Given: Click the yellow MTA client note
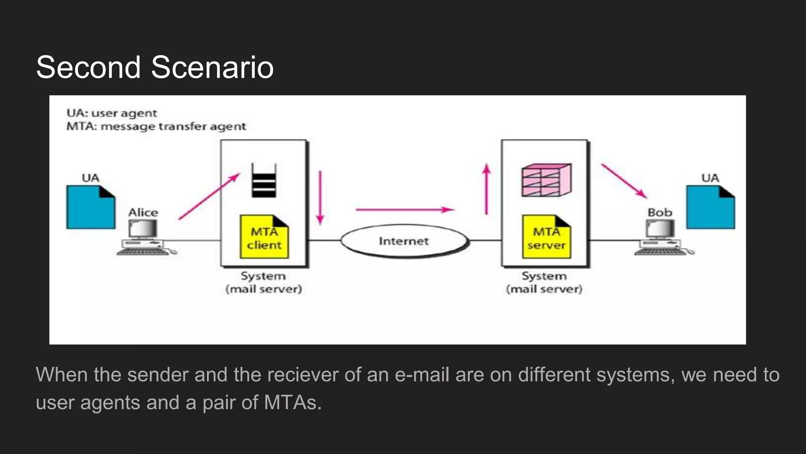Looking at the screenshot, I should tap(264, 237).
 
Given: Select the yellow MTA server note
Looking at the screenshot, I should tap(546, 237).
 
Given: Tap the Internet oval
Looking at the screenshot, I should tap(404, 241).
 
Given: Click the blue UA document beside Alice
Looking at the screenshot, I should tap(91, 207).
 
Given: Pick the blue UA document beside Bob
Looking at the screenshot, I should tap(710, 207).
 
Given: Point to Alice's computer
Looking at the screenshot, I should tap(144, 237).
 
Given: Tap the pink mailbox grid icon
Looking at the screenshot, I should tap(546, 180).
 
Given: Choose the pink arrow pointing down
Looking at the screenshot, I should tap(320, 197).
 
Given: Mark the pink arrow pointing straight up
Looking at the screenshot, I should tap(487, 189).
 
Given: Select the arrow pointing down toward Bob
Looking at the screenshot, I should tap(624, 181).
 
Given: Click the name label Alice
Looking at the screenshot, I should tap(143, 213).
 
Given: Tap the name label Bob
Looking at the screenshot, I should tap(660, 213).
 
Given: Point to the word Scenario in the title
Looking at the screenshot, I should tap(212, 67).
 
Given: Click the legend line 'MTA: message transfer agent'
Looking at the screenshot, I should tap(156, 127).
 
